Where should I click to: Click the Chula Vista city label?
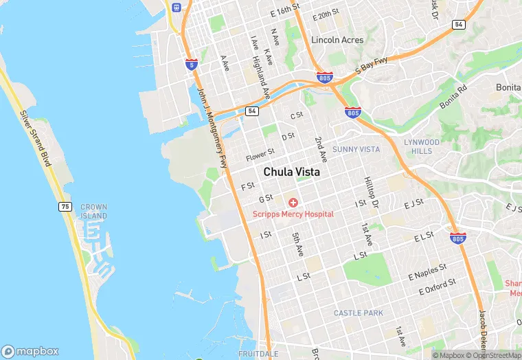[x=291, y=172]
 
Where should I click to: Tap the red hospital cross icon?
[x=293, y=203]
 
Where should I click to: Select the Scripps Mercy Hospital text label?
[x=293, y=214]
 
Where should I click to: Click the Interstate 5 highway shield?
[x=192, y=65]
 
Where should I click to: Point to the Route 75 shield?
[x=65, y=206]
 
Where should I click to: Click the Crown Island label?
[x=93, y=211]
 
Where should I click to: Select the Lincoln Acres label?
[x=337, y=40]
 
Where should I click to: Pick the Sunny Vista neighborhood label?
[x=356, y=149]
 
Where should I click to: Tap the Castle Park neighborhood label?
[x=358, y=313]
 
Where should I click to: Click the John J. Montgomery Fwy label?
[x=212, y=126]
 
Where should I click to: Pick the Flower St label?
[x=260, y=153]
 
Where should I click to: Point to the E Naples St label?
[x=428, y=270]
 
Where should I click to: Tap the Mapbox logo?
[x=31, y=351]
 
